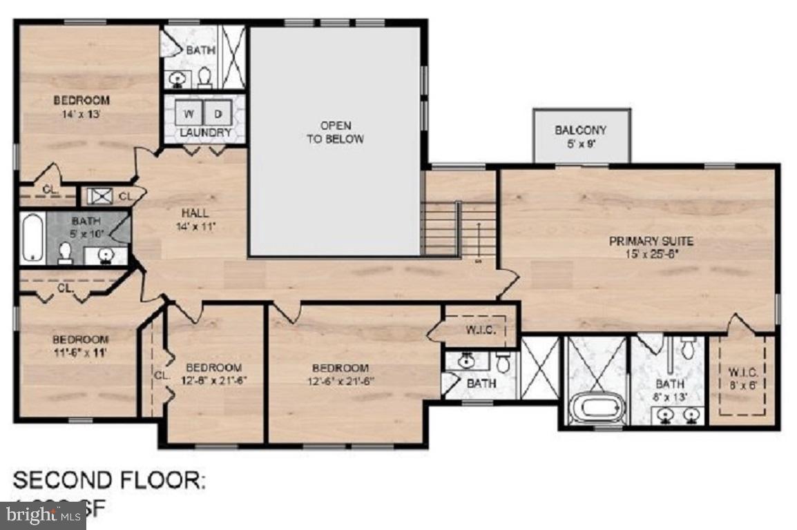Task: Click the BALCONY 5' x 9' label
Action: [x=580, y=136]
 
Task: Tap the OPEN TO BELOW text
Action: [x=335, y=132]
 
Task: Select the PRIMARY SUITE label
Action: [x=651, y=247]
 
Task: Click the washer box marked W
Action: [x=189, y=113]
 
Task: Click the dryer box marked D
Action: [x=218, y=113]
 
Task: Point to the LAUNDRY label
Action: [x=204, y=132]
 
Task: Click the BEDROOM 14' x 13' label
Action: [x=81, y=107]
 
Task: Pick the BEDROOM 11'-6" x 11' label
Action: [x=80, y=346]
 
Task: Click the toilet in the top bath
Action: [x=205, y=77]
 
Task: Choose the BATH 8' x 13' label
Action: [x=670, y=389]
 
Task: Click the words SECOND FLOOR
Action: [x=109, y=480]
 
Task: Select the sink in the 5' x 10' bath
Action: [x=106, y=256]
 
